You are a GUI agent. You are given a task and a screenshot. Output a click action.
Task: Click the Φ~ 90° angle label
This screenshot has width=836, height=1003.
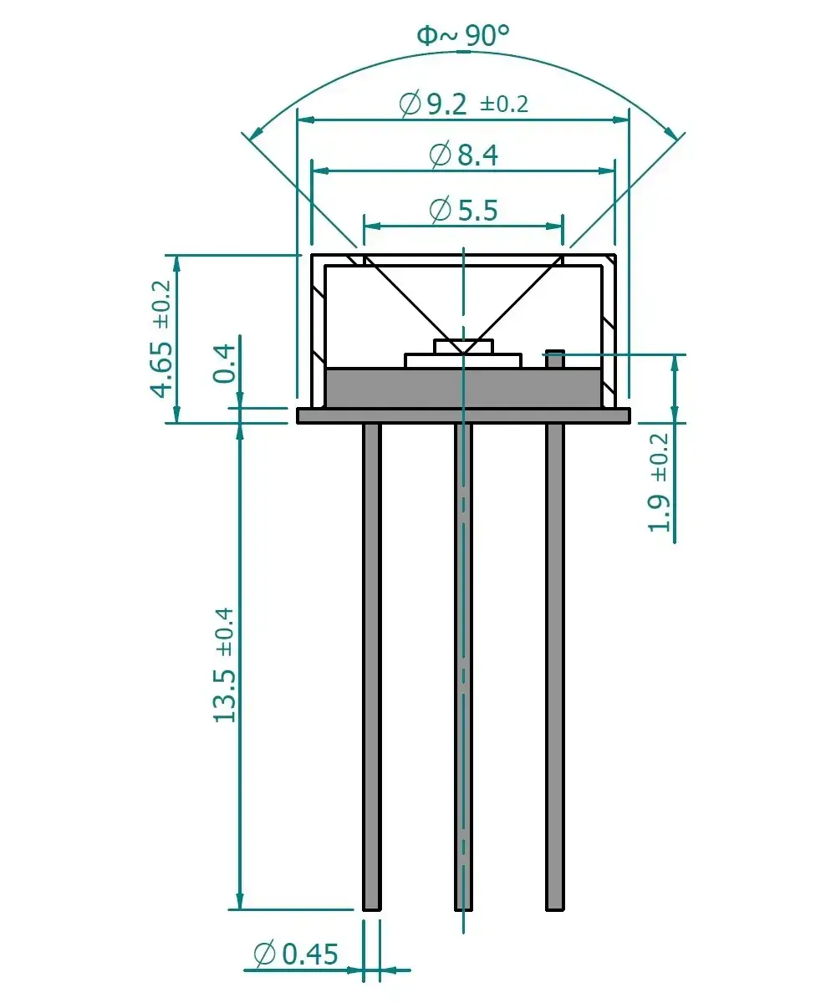click(463, 35)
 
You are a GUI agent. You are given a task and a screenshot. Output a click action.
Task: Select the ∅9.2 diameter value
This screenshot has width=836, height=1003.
click(434, 104)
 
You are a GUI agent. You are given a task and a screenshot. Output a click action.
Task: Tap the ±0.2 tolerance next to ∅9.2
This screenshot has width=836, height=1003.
click(504, 104)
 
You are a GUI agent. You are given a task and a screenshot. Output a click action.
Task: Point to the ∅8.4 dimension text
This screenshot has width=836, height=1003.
click(463, 155)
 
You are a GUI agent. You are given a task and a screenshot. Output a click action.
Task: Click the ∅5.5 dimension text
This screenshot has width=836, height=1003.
click(463, 209)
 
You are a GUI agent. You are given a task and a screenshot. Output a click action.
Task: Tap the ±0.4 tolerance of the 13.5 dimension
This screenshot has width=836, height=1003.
click(226, 630)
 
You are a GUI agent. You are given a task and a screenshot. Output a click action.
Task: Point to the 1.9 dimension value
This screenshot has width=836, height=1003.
click(660, 512)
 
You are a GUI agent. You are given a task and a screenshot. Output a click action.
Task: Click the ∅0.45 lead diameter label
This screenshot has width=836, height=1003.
click(296, 954)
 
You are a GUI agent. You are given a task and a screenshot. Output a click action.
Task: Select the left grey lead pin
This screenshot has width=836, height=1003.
click(371, 669)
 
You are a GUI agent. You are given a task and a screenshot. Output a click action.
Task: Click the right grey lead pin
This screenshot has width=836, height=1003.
click(554, 669)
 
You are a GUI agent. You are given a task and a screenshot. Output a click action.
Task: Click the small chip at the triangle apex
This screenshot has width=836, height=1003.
click(462, 346)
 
